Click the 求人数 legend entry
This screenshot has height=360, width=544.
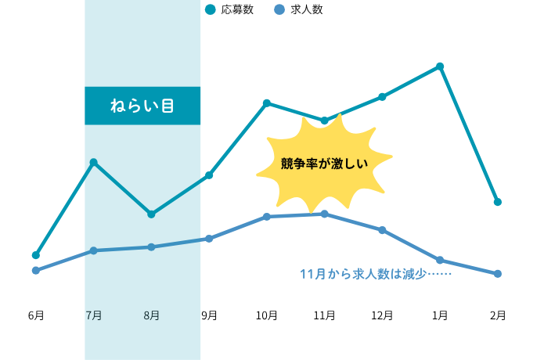pos(298,10)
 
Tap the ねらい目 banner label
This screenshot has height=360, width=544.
pos(142,106)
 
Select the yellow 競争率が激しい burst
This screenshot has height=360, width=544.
pos(324,164)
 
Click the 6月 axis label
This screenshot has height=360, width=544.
pos(36,315)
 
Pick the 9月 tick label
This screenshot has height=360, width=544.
pos(209,315)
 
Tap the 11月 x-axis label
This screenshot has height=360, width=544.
pos(324,315)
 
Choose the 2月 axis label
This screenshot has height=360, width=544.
pos(497,315)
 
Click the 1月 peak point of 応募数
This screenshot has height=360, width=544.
pos(440,67)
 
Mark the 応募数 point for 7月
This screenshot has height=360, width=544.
pos(94,163)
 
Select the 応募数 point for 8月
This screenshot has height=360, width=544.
pos(151,214)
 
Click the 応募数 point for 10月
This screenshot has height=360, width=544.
pos(267,103)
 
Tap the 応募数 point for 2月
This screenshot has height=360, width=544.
pos(497,202)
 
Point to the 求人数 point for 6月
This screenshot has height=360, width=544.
pos(36,271)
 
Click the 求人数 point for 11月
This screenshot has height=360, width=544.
pos(324,214)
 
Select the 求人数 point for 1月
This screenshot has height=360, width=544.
pos(440,260)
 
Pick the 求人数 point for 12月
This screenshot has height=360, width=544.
pos(382,230)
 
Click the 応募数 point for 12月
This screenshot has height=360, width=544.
pos(382,97)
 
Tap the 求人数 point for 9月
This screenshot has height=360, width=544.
pos(209,239)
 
